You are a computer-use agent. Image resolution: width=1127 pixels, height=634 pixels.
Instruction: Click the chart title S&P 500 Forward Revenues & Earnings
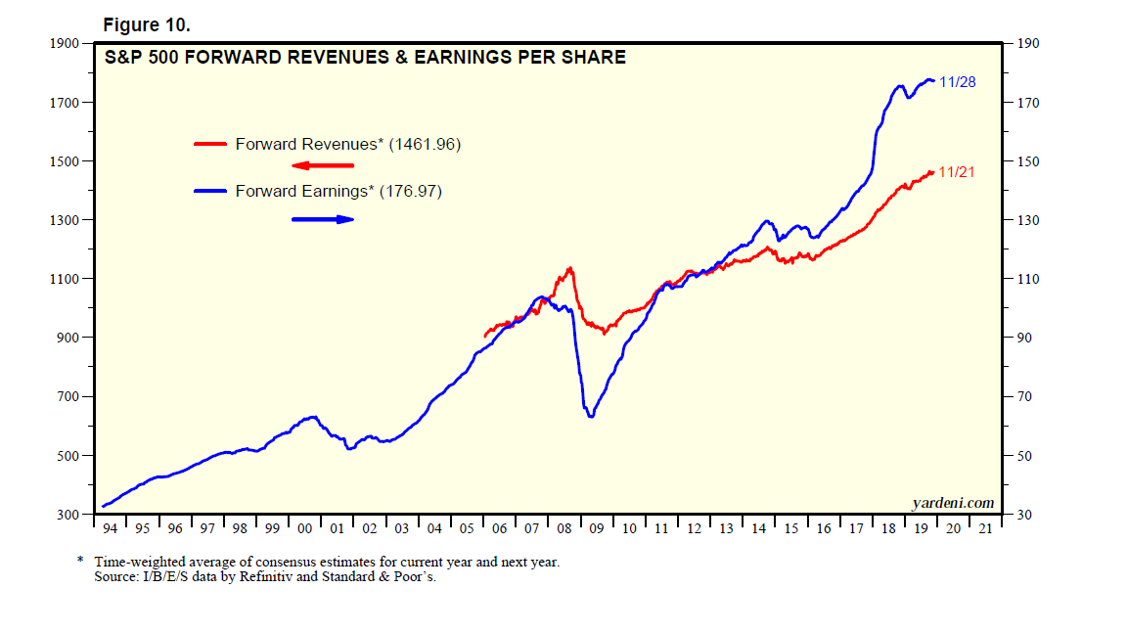coord(365,58)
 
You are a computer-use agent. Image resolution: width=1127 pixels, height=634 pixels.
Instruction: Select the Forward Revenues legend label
coord(347,144)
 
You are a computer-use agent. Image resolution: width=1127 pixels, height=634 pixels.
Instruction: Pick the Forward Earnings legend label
coord(338,192)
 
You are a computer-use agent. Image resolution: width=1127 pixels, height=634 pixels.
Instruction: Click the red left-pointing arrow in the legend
coord(322,165)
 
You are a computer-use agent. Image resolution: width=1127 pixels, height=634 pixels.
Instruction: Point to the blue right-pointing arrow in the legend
coord(322,219)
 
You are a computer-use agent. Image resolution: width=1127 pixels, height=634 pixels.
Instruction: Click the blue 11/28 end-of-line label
coord(957,82)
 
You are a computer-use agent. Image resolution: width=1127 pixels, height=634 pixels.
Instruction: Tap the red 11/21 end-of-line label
coord(957,172)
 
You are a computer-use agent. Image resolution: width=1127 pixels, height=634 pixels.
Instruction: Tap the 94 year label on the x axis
coord(111,529)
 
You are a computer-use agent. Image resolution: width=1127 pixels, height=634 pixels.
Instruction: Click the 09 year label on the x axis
coord(597,529)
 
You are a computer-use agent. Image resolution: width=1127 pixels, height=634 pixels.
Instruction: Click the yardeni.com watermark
coord(953,503)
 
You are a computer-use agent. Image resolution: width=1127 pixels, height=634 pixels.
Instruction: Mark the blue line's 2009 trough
coord(591,417)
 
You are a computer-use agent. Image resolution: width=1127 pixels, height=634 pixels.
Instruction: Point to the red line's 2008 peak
coord(569,268)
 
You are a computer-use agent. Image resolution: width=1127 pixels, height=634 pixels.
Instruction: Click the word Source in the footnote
coord(116,577)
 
